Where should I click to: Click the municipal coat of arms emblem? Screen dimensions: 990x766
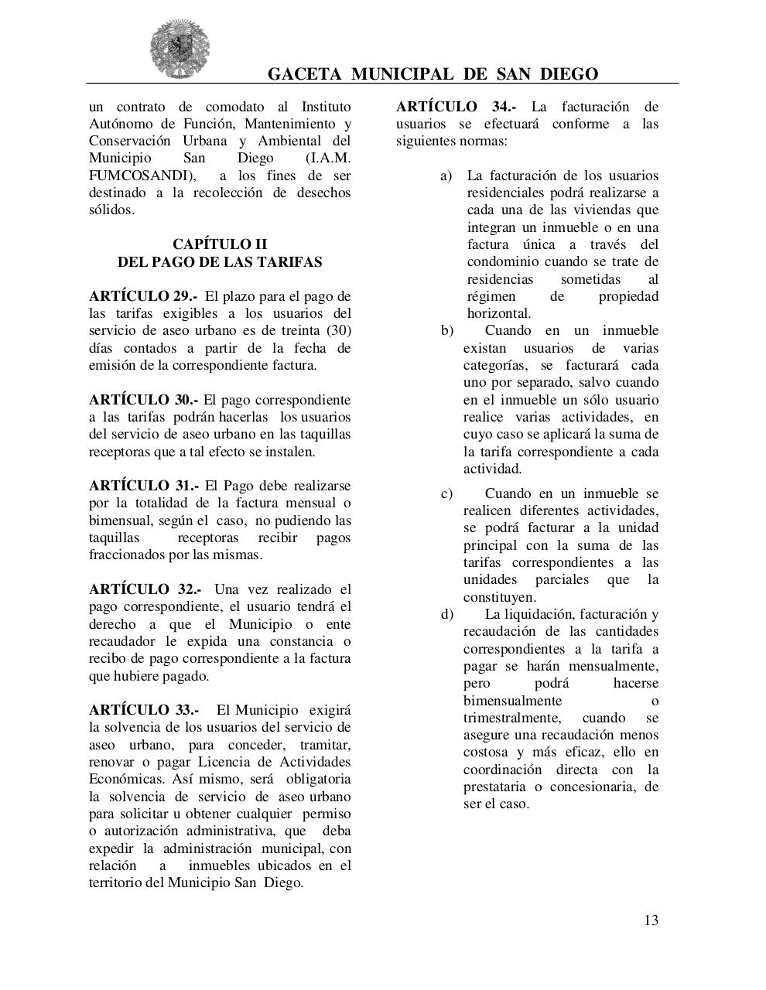[180, 49]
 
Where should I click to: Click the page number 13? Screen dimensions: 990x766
[651, 920]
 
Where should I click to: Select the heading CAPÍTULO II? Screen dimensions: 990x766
[219, 244]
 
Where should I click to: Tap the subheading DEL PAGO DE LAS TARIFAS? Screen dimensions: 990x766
[219, 262]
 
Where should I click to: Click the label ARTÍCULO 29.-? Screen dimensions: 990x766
[143, 296]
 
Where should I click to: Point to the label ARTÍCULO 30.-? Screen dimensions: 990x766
[143, 400]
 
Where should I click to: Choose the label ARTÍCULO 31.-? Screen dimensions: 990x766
[143, 486]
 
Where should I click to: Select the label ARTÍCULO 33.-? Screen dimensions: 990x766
[144, 710]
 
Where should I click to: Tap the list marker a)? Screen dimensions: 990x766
[446, 176]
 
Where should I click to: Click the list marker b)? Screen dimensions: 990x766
[446, 331]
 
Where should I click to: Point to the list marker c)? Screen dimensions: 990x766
[446, 493]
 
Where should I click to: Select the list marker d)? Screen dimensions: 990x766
[446, 614]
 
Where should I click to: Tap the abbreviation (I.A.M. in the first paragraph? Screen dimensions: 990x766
[328, 158]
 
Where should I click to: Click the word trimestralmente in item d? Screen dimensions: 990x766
[511, 718]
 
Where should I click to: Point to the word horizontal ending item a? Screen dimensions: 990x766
[498, 313]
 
